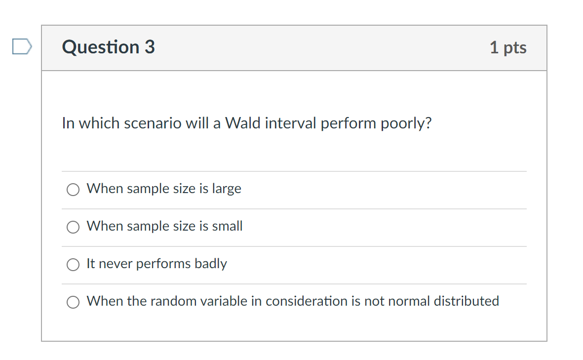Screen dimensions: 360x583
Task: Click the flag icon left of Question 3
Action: (x=22, y=47)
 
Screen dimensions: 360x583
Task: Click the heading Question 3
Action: (x=109, y=47)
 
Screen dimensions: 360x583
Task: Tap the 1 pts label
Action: (x=508, y=47)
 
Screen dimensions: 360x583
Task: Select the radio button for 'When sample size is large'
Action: (x=73, y=189)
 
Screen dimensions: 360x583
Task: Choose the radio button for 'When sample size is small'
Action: (x=73, y=227)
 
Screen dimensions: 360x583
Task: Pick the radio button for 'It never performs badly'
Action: (x=73, y=264)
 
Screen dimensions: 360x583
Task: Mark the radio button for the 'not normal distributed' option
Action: (x=73, y=302)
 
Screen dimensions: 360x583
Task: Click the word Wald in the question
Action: (x=243, y=123)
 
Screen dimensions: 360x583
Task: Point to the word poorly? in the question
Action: (x=406, y=123)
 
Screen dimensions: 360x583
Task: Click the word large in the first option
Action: (x=227, y=189)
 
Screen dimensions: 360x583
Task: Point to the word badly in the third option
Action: (x=211, y=264)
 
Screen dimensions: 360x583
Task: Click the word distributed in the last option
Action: (x=466, y=301)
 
